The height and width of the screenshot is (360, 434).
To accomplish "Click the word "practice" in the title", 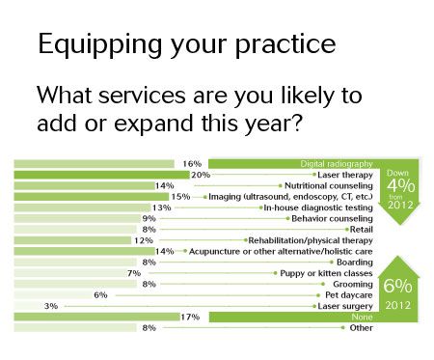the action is [x=285, y=45].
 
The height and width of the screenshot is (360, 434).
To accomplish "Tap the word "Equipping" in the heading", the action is [x=99, y=45].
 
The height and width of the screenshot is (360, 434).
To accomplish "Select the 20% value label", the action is [x=201, y=175].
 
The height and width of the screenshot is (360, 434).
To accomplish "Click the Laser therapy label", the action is [x=345, y=175].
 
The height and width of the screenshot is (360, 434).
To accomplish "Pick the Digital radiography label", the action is [x=337, y=164].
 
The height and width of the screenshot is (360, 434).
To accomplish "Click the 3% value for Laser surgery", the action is [x=51, y=306].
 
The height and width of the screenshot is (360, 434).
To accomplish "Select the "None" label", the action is [x=362, y=318].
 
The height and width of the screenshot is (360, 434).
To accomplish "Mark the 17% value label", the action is [x=190, y=318].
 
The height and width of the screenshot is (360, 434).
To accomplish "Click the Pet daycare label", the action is [x=349, y=295].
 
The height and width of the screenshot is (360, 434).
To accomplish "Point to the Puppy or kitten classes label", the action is [x=326, y=273].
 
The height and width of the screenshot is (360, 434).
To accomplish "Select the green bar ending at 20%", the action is [x=102, y=175].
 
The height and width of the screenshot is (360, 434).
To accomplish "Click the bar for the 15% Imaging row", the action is [x=92, y=197].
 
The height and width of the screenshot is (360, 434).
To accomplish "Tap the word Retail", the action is [x=362, y=230].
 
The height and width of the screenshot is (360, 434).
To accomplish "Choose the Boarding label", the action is [x=355, y=263].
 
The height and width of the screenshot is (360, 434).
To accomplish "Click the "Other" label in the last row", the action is [x=362, y=328].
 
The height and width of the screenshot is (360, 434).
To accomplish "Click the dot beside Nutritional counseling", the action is [x=281, y=185].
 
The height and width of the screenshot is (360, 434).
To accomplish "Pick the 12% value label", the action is [x=144, y=240].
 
